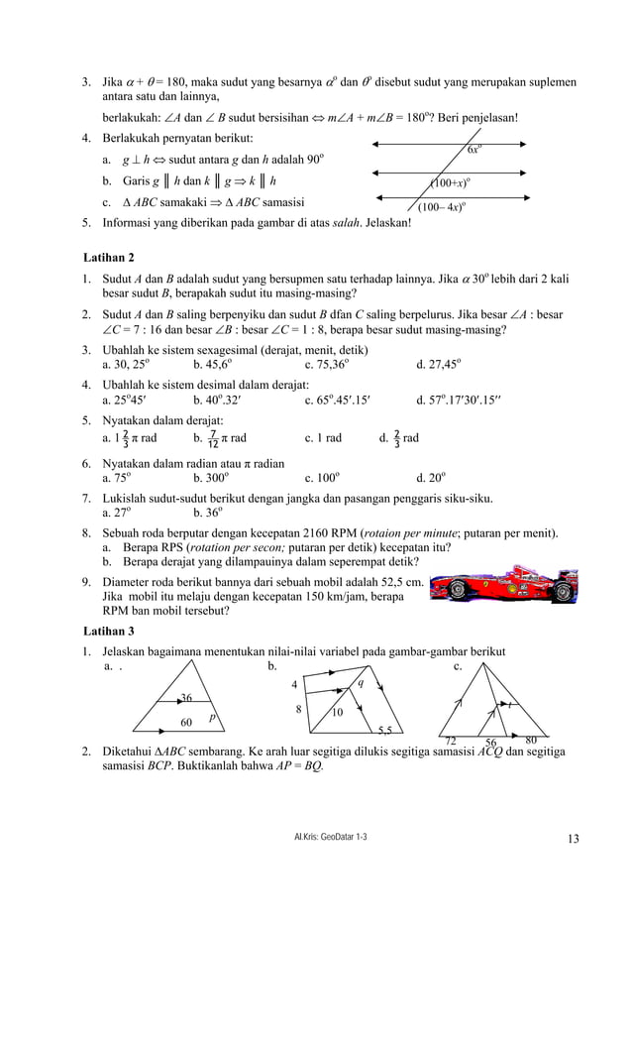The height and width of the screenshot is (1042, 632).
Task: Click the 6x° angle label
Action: [474, 150]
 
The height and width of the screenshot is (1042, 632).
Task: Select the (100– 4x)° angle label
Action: [442, 207]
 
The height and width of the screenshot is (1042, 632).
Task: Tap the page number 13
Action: [574, 840]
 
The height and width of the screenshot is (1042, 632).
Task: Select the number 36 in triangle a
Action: [185, 699]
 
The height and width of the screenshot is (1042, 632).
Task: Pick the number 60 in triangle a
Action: [185, 722]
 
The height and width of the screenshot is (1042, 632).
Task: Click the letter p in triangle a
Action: [211, 716]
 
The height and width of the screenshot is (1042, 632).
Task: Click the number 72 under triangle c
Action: [451, 742]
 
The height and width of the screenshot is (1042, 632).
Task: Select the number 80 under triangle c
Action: [531, 740]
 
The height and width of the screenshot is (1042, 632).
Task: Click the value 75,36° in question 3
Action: [327, 364]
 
